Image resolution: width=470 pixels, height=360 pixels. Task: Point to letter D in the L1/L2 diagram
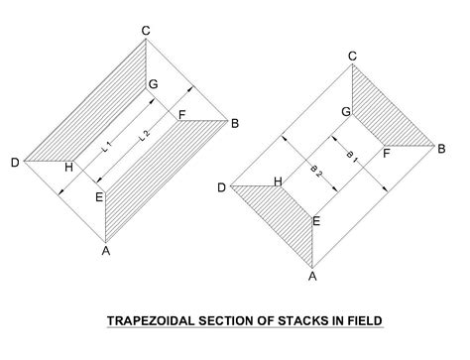(x=15, y=162)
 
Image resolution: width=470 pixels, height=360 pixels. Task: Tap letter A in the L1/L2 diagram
(x=106, y=250)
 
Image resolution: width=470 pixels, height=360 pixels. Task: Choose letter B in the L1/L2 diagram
(x=235, y=123)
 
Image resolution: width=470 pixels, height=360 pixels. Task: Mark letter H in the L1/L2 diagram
(x=68, y=168)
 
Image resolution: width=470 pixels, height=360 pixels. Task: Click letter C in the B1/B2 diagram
(x=351, y=57)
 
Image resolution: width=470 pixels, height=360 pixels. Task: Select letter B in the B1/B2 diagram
(x=442, y=148)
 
